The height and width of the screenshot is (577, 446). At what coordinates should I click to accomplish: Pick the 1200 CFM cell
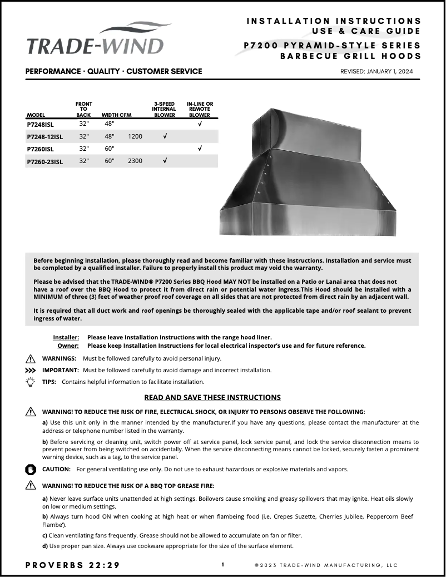tap(135, 136)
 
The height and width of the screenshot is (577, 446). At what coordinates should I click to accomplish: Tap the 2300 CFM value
tap(135, 161)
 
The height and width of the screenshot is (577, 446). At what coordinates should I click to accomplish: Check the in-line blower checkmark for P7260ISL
tap(200, 149)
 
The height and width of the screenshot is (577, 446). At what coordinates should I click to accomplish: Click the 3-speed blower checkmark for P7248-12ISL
tap(164, 136)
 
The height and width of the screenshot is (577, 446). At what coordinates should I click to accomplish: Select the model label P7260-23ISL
tap(45, 161)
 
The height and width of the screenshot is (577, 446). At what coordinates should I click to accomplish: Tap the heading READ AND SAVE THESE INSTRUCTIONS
tap(212, 397)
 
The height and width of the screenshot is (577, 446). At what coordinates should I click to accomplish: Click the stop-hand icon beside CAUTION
tap(31, 469)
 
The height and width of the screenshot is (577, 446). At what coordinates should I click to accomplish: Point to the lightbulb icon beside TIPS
tap(31, 382)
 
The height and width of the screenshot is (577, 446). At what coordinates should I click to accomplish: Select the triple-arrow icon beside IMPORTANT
tap(31, 370)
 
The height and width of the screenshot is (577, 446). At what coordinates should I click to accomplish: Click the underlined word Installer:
tap(66, 337)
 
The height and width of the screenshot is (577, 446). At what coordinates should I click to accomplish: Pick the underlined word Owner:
tap(68, 346)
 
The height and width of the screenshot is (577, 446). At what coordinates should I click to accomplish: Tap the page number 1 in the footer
tap(222, 565)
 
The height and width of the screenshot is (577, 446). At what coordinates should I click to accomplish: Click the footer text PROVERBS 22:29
tap(72, 565)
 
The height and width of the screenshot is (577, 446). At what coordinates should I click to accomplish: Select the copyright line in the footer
tap(326, 565)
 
